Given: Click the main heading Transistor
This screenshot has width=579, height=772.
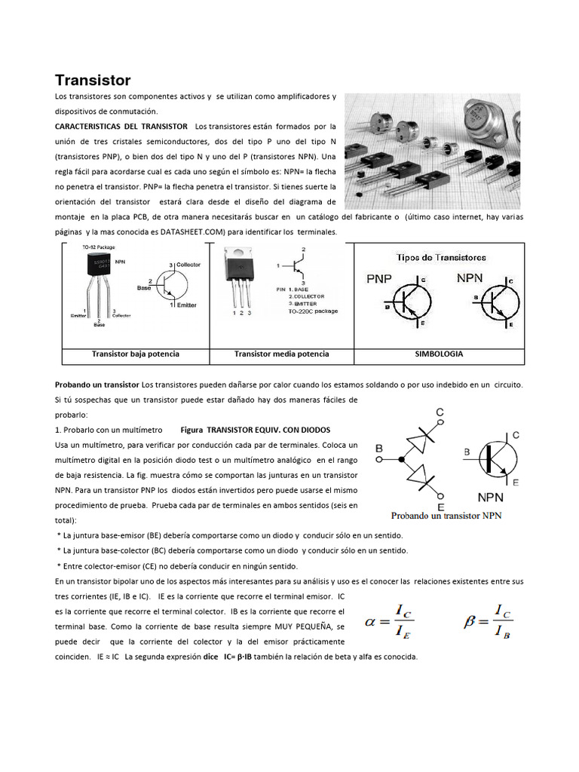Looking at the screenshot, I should [x=93, y=81].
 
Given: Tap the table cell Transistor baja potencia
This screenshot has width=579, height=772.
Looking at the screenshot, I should [x=136, y=354].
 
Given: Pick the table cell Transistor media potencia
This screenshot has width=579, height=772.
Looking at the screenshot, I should [x=281, y=354].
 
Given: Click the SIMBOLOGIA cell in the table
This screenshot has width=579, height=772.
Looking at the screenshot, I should [x=439, y=354].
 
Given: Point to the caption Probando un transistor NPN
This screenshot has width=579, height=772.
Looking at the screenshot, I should [x=446, y=516].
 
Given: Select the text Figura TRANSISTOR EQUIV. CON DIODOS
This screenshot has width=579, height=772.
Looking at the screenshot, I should [x=256, y=430].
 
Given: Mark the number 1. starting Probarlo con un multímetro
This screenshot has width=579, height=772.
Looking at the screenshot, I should [x=59, y=430].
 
